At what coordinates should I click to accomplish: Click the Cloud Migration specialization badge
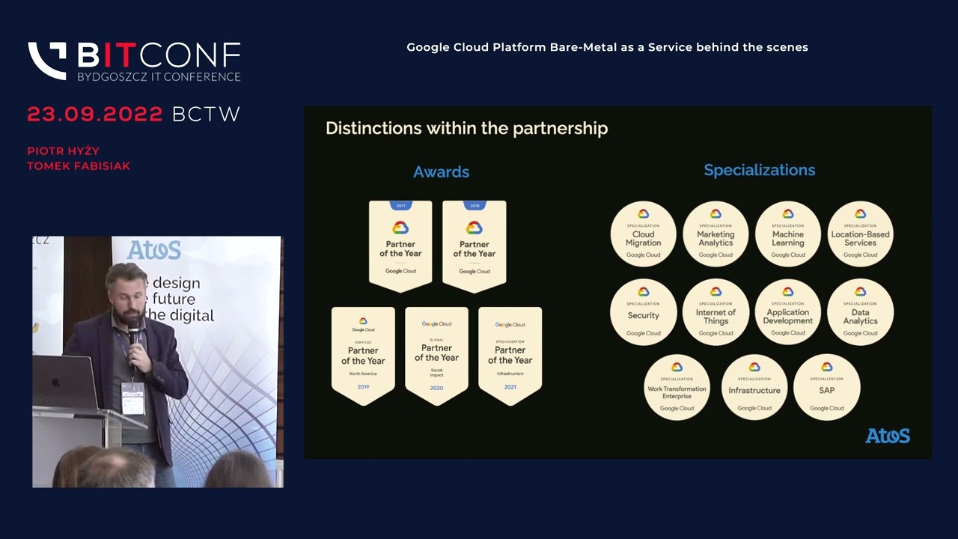[x=643, y=234]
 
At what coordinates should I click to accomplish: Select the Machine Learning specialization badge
[x=788, y=234]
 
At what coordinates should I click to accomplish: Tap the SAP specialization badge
[x=826, y=387]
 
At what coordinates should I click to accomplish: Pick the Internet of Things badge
[x=716, y=312]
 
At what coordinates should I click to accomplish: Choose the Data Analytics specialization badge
[x=860, y=312]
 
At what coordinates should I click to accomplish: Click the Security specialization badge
[x=643, y=312]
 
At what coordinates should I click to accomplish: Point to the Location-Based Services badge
[x=860, y=234]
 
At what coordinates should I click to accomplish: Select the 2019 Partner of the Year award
[x=363, y=355]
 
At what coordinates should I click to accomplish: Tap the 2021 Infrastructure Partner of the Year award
[x=510, y=355]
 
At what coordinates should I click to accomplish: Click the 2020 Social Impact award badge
[x=436, y=355]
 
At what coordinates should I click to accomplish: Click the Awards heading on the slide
[x=441, y=172]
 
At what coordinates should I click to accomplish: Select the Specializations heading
[x=759, y=171]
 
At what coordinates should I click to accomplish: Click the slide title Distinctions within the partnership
[x=466, y=129]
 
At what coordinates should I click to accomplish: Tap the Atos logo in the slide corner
[x=888, y=436]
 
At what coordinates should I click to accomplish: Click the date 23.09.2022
[x=95, y=115]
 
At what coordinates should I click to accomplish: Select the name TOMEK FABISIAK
[x=79, y=166]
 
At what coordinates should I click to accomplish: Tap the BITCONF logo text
[x=159, y=55]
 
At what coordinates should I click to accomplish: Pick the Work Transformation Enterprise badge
[x=677, y=387]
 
